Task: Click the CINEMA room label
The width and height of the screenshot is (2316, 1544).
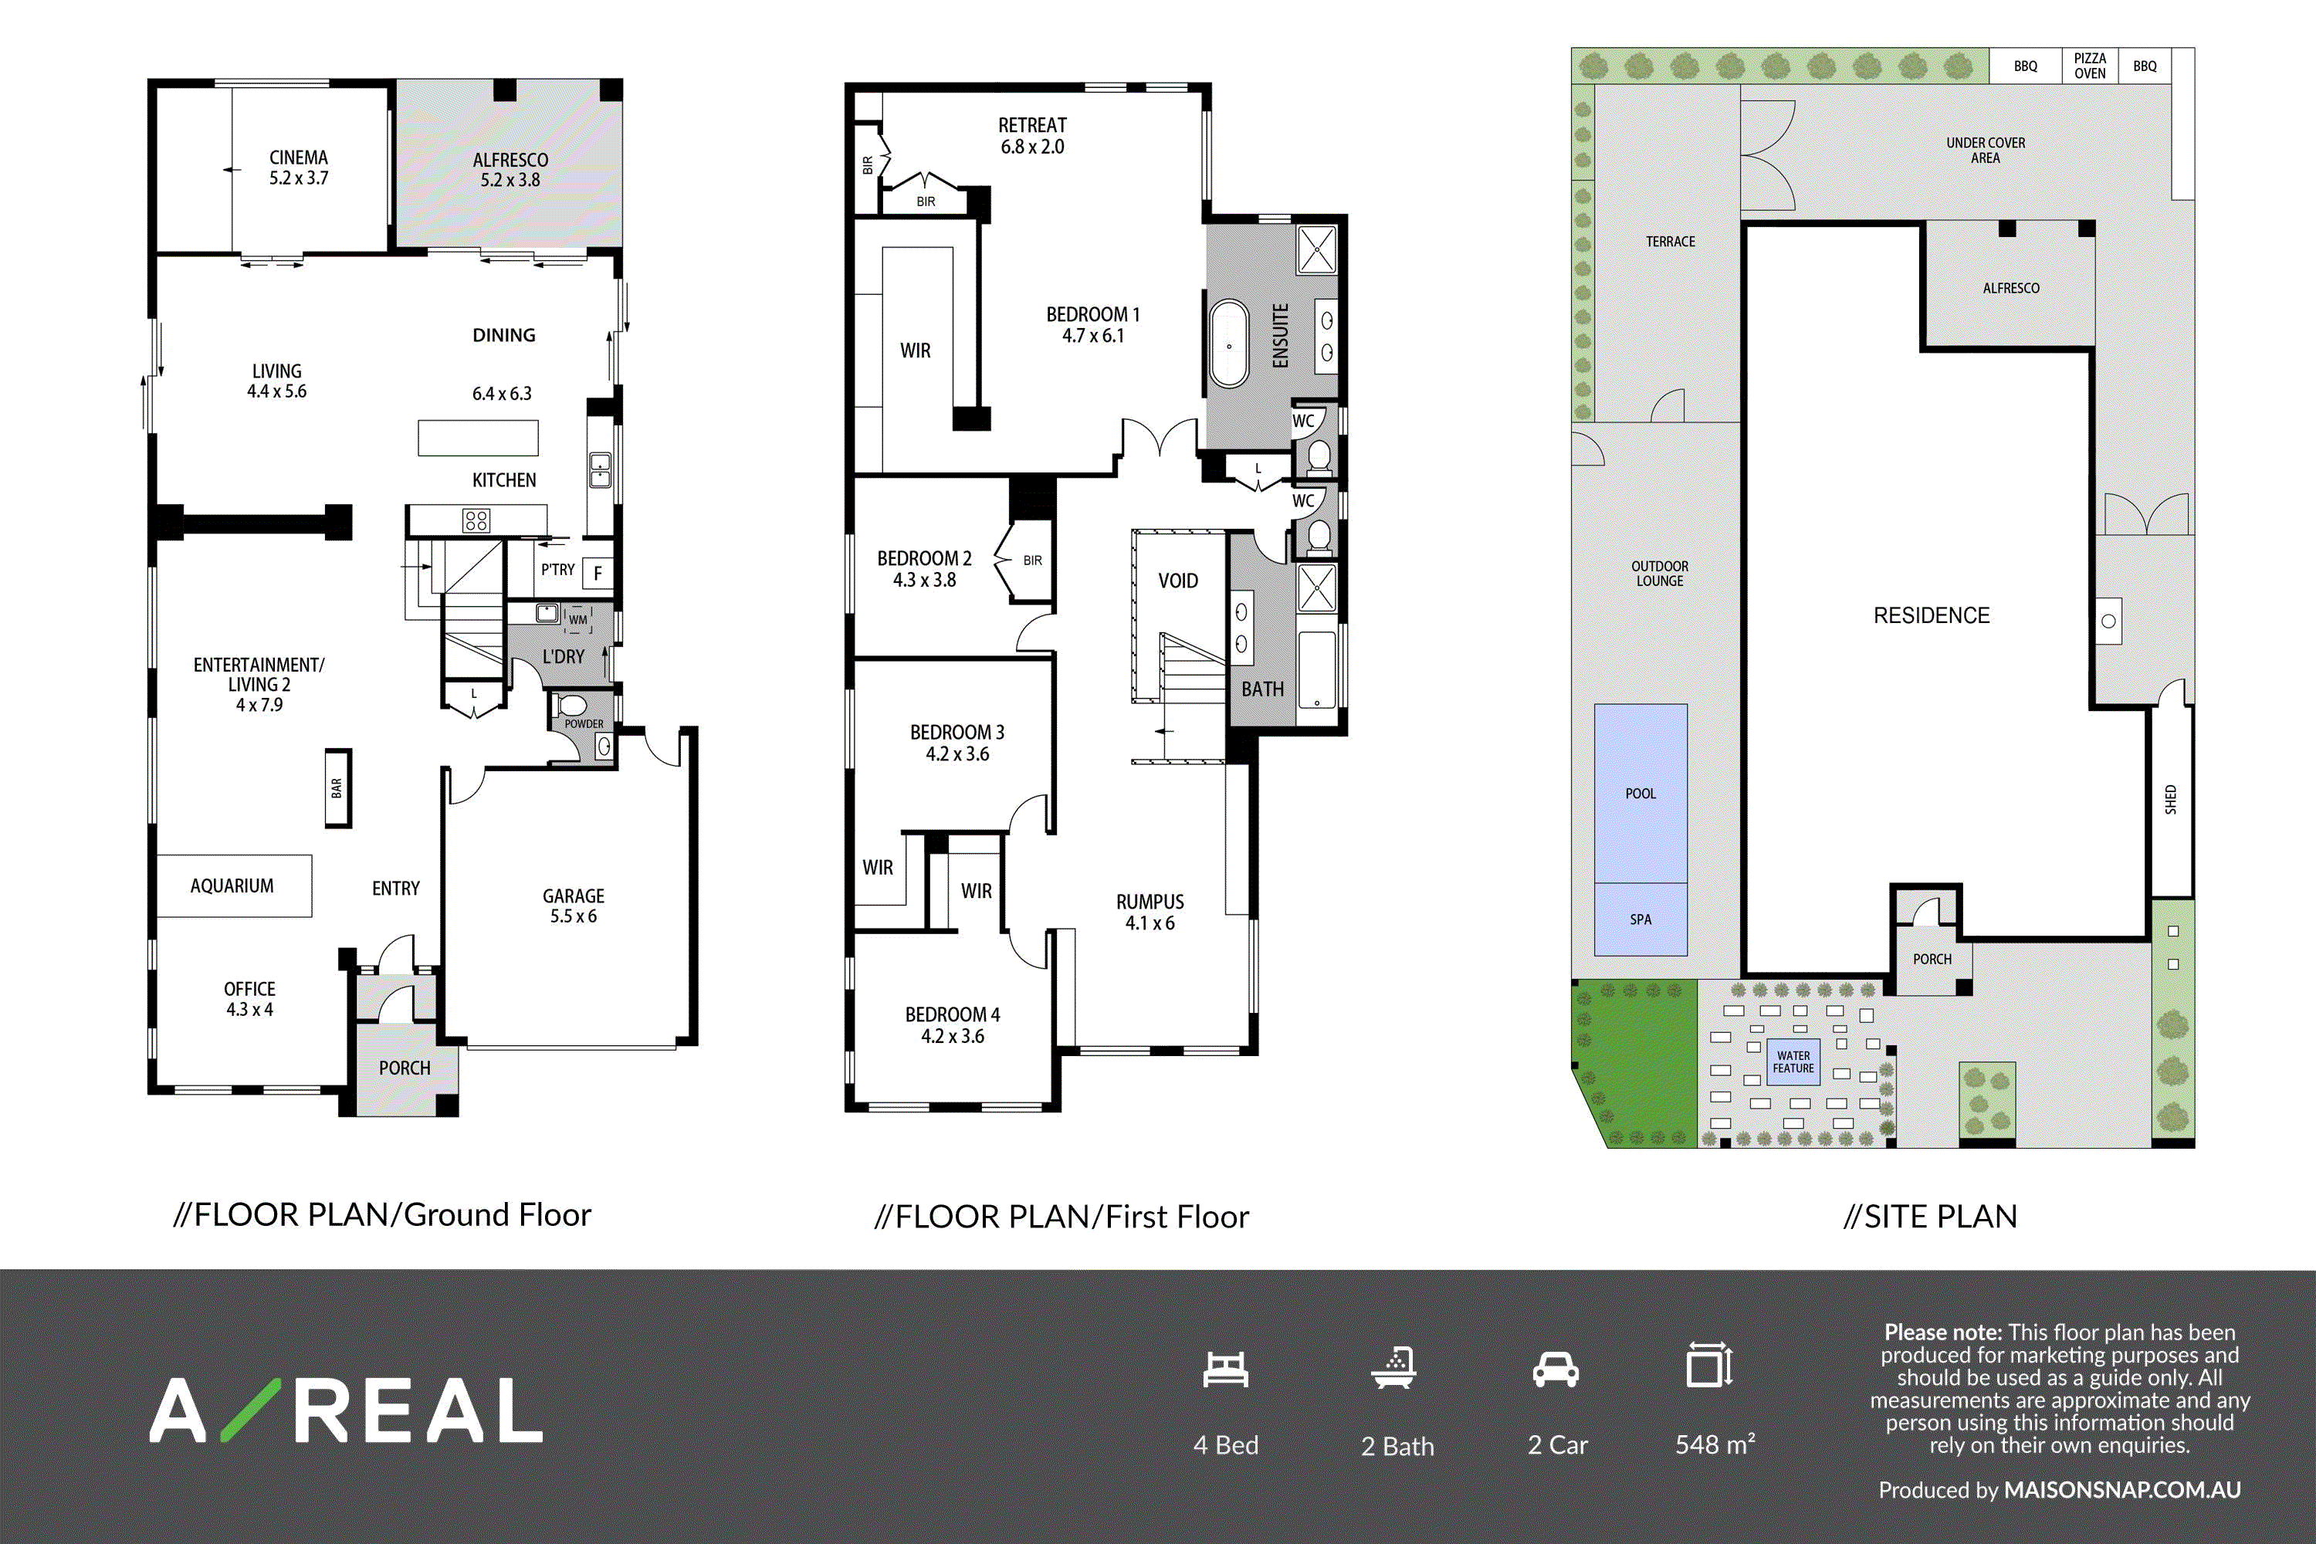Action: (298, 157)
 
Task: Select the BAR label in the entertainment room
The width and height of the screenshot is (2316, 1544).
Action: (338, 787)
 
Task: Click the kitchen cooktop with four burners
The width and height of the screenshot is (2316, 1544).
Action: (476, 520)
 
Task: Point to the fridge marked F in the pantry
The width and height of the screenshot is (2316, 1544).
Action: (597, 573)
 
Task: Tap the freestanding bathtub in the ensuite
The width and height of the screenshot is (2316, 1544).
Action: (1229, 344)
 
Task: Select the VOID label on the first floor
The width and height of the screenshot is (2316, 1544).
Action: (1178, 581)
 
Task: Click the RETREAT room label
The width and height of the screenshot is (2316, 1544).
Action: (1032, 125)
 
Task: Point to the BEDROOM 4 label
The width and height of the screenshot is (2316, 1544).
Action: (952, 1014)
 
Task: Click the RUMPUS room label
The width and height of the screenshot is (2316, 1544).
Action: (1150, 902)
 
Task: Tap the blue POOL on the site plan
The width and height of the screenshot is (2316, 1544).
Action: (1640, 794)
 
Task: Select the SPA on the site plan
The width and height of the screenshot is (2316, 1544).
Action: (1640, 919)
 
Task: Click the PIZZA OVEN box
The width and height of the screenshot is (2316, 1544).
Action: (2090, 66)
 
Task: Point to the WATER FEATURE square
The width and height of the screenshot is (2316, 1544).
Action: (1793, 1061)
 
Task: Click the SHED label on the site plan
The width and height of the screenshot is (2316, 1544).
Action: (2170, 800)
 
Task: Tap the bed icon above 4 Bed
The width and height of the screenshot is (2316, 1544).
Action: (1226, 1369)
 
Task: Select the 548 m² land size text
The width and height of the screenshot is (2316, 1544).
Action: (1715, 1444)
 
